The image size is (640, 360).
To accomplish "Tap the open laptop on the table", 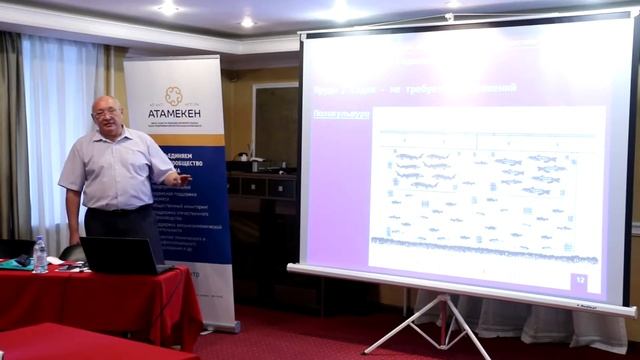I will [119, 255].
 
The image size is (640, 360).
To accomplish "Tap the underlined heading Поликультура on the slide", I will [342, 114].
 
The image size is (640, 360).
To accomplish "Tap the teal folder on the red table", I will [15, 263].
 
